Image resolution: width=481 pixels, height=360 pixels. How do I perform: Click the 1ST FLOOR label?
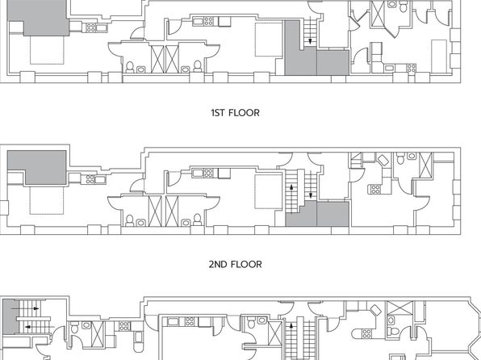tap(236, 113)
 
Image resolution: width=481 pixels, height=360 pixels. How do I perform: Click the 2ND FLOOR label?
tap(236, 264)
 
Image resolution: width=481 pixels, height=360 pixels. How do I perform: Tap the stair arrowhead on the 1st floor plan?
tap(310, 41)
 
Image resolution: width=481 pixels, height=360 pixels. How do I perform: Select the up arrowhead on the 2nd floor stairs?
tap(291, 186)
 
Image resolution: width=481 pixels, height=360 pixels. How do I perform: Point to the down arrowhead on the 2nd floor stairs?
tap(311, 195)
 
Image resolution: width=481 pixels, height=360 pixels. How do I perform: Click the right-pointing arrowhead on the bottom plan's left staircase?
tap(36, 308)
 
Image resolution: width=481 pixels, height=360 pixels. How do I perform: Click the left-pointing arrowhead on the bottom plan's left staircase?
tap(27, 327)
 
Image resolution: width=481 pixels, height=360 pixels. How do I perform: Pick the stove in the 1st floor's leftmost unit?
tap(90, 27)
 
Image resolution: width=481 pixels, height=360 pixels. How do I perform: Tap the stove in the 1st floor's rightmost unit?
tap(412, 68)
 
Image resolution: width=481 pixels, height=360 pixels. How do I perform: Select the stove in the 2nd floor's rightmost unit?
tap(374, 190)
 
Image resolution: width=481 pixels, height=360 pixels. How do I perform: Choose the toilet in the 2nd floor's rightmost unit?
tap(400, 158)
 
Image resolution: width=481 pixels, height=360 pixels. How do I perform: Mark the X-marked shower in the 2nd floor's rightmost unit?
tap(425, 165)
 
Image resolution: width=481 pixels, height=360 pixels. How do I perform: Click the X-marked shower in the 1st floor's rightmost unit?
tap(379, 14)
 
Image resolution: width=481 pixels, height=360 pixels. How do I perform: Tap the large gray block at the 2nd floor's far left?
tap(37, 167)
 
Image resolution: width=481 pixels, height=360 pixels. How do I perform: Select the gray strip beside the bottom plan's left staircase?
tap(10, 317)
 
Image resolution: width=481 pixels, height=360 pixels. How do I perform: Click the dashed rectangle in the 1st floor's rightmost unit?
tap(439, 56)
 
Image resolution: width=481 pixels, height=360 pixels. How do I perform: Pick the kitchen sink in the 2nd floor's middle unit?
tap(198, 173)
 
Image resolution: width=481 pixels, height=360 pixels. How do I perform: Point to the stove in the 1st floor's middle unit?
tap(208, 21)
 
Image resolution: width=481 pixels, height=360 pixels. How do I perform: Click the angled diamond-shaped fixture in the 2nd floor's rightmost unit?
tap(383, 160)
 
